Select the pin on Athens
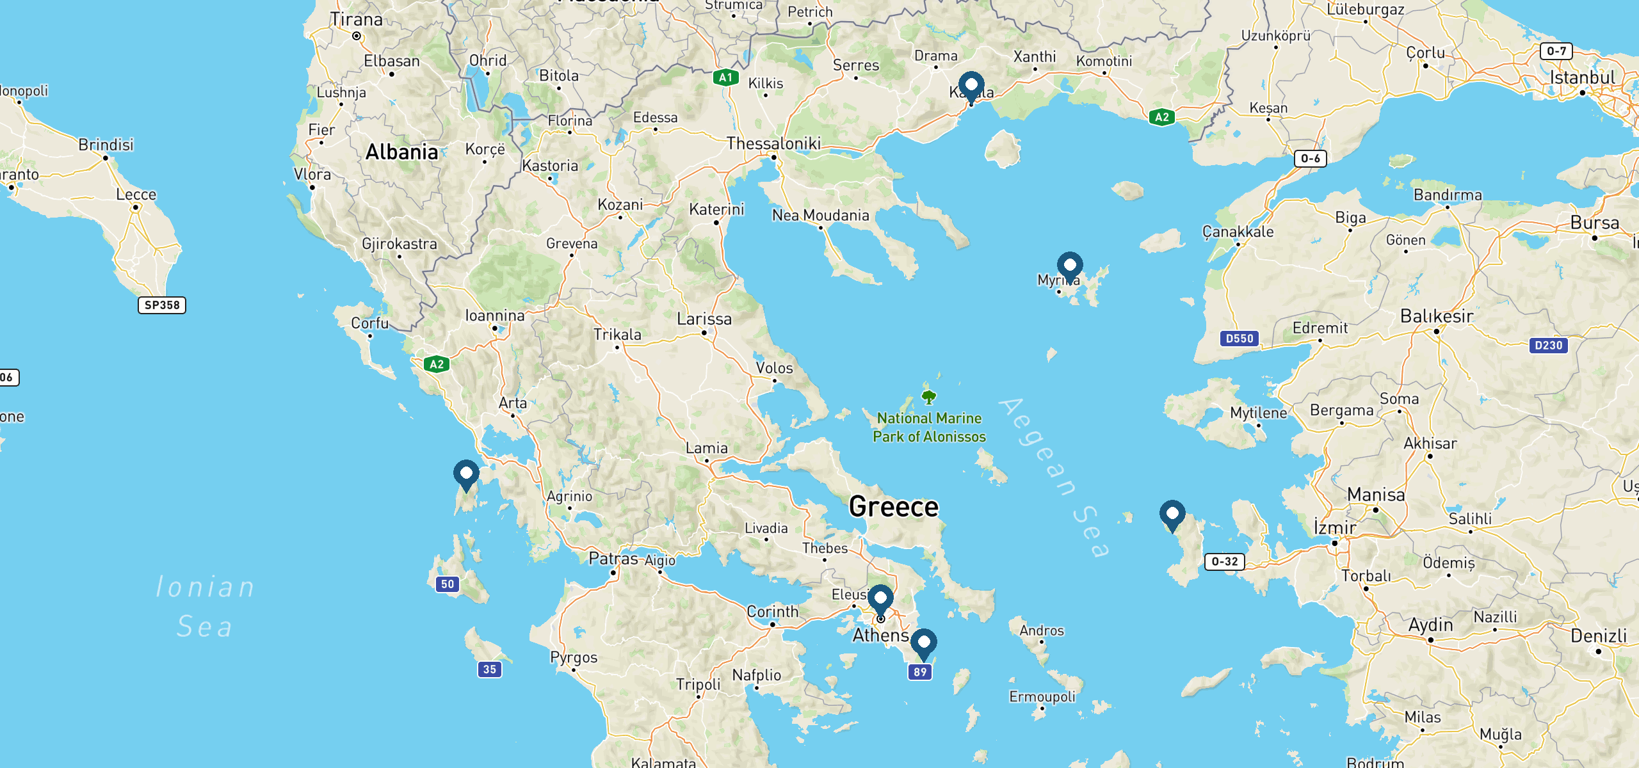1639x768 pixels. pos(880,600)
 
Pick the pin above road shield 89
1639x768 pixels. pos(924,643)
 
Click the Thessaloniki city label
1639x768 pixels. pos(773,143)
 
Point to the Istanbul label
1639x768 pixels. pos(1582,77)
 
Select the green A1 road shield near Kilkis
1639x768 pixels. pos(725,77)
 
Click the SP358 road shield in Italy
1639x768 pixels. pos(162,305)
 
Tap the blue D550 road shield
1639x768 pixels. pos(1239,339)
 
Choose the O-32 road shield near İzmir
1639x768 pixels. pos(1224,562)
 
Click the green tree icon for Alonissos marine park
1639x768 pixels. pos(928,397)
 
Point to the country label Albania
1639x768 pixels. pos(401,152)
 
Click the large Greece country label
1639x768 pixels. pos(894,507)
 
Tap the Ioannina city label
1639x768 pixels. pos(494,316)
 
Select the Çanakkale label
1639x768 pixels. pos(1238,232)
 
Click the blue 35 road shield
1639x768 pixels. pos(490,669)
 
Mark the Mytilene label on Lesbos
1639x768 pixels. pos(1258,413)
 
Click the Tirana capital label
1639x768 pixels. pos(356,20)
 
